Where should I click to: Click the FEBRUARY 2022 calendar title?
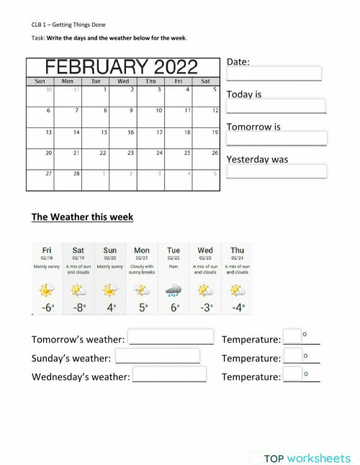pyautogui.click(x=122, y=67)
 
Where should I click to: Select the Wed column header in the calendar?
pyautogui.click(x=123, y=81)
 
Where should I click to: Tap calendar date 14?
pyautogui.click(x=76, y=132)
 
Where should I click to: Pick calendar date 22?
pyautogui.click(x=103, y=153)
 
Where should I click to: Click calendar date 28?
pyautogui.click(x=76, y=173)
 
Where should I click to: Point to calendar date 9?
pyautogui.click(x=130, y=111)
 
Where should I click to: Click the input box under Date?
pyautogui.click(x=274, y=74)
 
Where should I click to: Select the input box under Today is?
pyautogui.click(x=276, y=107)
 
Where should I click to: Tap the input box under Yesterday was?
pyautogui.click(x=276, y=171)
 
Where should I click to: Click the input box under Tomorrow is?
pyautogui.click(x=276, y=138)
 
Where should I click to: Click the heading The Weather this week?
pyautogui.click(x=82, y=217)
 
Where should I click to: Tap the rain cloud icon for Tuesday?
pyautogui.click(x=174, y=289)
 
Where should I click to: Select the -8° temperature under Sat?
pyautogui.click(x=78, y=308)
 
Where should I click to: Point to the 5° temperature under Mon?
pyautogui.click(x=143, y=308)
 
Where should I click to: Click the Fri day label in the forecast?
pyautogui.click(x=47, y=250)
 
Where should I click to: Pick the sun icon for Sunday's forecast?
pyautogui.click(x=110, y=289)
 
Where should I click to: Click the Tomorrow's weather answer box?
pyautogui.click(x=171, y=337)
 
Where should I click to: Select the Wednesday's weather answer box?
pyautogui.click(x=169, y=374)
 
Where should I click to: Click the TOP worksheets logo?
pyautogui.click(x=307, y=458)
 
